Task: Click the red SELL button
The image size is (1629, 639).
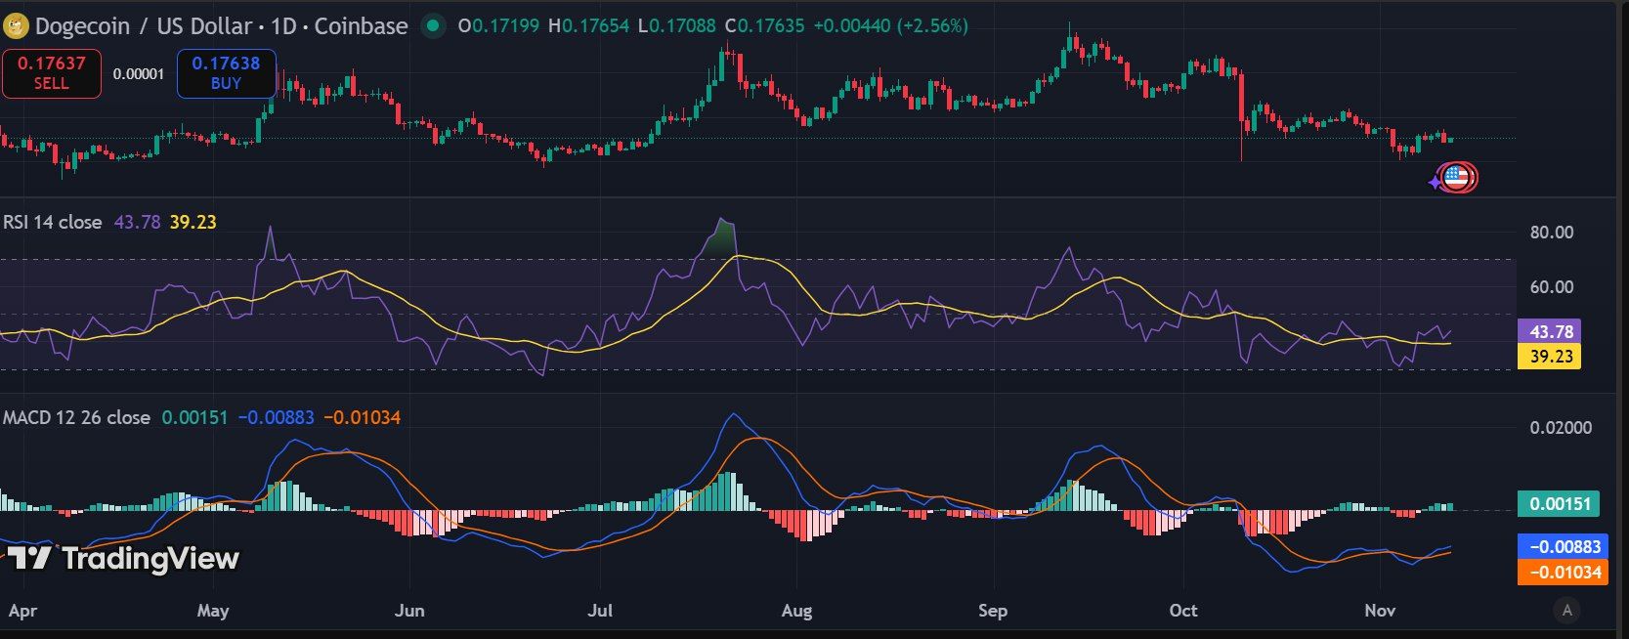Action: pos(52,73)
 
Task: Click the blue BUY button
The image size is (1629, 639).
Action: pos(226,73)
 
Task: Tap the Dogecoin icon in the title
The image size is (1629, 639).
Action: pos(16,26)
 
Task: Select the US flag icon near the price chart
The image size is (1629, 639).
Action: pos(1456,178)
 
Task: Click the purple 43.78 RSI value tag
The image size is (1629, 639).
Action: pos(1551,332)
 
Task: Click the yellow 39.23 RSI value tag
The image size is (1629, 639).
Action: pos(1551,357)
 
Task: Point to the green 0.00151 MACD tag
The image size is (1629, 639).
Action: pos(1559,504)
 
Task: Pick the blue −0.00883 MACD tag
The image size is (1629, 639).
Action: pos(1563,547)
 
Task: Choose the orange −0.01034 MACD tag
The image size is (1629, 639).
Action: pos(1563,573)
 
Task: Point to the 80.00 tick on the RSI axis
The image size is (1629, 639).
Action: pos(1551,233)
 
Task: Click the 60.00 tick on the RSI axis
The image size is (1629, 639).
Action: pos(1551,287)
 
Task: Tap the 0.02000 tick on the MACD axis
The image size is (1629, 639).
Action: pos(1560,428)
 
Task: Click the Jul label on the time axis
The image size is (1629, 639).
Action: pos(600,611)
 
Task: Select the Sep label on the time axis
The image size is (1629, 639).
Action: pos(992,611)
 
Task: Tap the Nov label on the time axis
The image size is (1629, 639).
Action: pos(1379,611)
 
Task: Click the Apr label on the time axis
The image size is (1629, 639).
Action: pos(22,611)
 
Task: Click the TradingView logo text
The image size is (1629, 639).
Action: pos(150,558)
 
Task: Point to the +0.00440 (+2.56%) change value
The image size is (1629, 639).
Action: pos(890,26)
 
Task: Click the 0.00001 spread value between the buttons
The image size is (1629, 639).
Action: pos(139,73)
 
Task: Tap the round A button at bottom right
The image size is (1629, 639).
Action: pos(1567,611)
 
